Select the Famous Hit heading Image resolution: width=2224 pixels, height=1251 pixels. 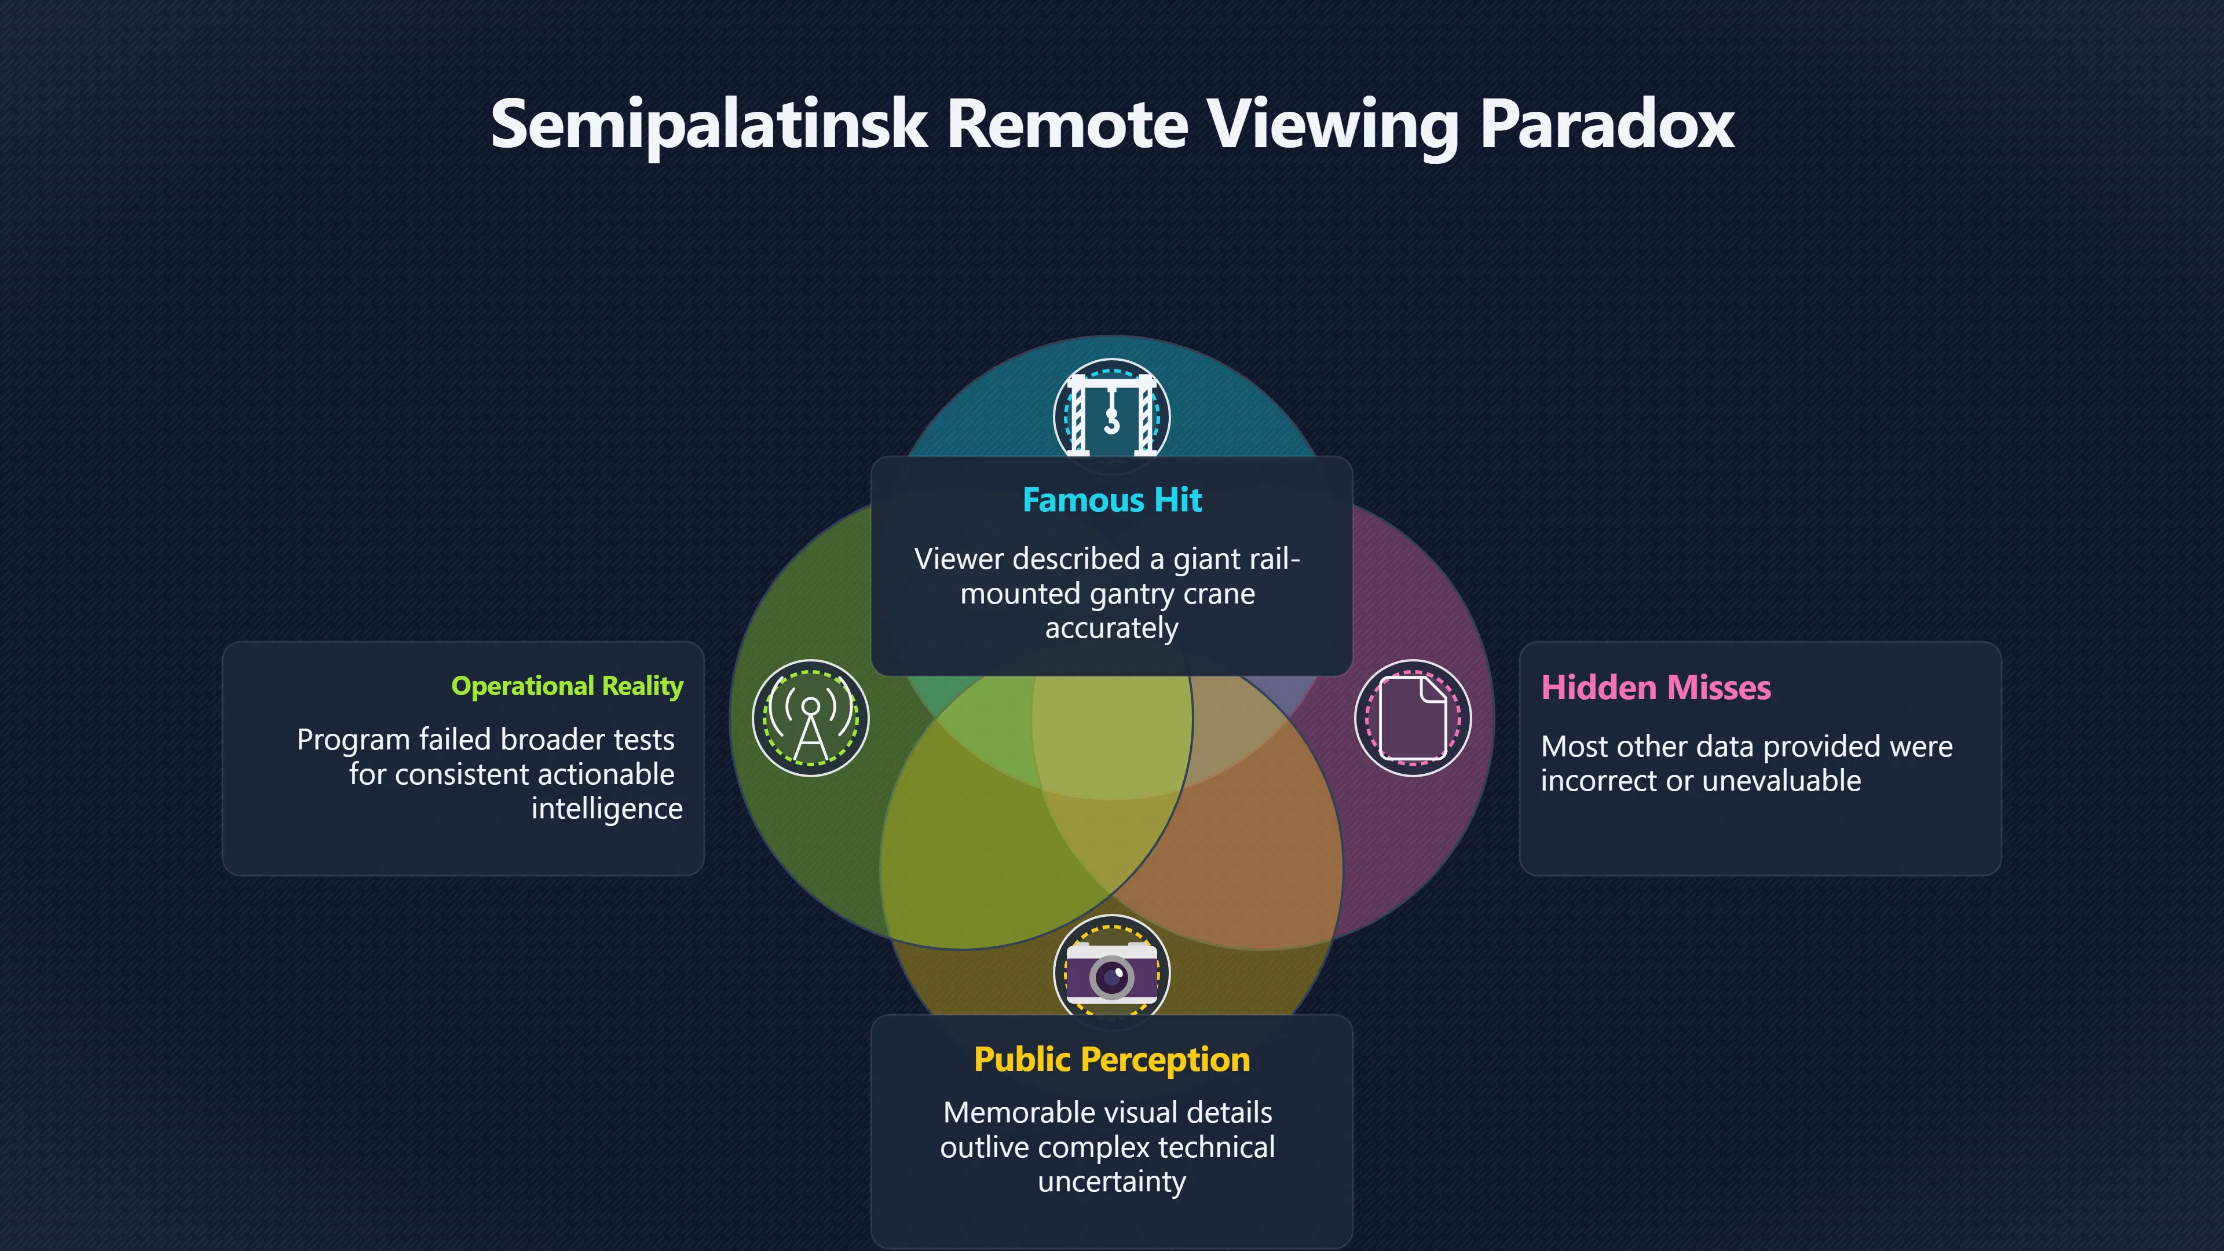pos(1112,500)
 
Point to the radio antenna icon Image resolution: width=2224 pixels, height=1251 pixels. pos(811,718)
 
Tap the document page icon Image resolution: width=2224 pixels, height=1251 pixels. pos(1413,718)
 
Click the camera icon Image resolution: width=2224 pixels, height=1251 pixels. pos(1112,973)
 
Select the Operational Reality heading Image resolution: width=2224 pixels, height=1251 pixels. pos(567,686)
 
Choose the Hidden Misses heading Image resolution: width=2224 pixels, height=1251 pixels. pos(1656,688)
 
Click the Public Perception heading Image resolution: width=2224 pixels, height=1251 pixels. pos(1112,1059)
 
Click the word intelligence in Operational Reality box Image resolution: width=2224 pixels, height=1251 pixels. pos(607,810)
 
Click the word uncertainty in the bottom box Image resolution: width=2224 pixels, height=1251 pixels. pos(1112,1183)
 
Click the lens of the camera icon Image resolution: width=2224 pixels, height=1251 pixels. pos(1112,977)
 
